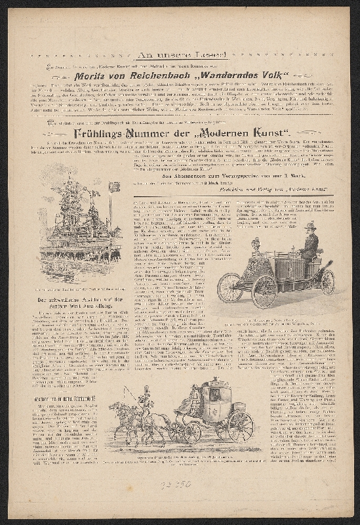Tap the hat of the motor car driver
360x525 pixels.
click(x=311, y=226)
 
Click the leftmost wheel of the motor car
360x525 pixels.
click(x=229, y=288)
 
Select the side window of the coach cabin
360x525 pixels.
click(x=214, y=394)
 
